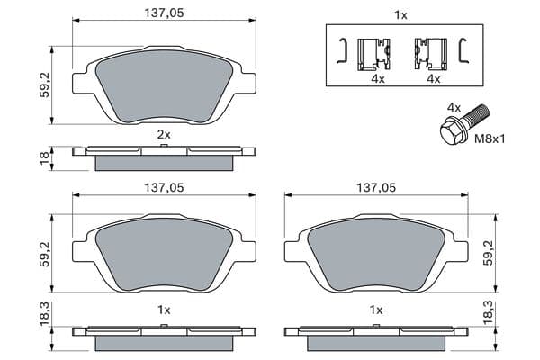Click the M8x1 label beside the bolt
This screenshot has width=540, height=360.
tap(490, 139)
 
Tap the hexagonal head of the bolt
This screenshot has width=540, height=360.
tap(452, 130)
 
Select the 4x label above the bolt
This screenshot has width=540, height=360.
tap(454, 108)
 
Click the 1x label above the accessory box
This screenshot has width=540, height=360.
tap(400, 15)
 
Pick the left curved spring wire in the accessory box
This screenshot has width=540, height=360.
tap(342, 50)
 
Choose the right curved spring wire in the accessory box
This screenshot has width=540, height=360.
tap(463, 50)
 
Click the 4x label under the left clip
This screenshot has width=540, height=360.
tap(378, 79)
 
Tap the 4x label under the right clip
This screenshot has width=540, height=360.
tap(434, 79)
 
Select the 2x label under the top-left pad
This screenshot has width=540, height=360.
tap(164, 135)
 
